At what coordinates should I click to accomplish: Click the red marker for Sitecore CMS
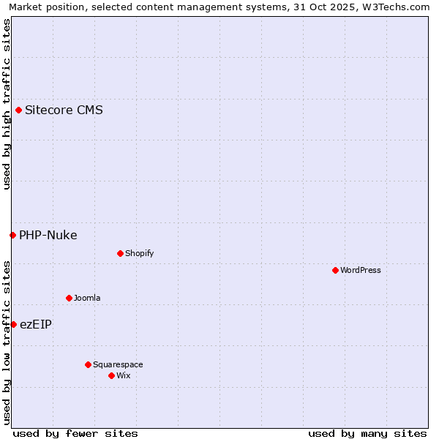coord(18,110)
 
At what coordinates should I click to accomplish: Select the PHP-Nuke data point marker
coord(12,235)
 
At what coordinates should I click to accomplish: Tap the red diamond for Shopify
coord(120,253)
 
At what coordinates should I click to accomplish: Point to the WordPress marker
coord(335,270)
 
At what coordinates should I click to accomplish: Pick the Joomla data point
coord(69,298)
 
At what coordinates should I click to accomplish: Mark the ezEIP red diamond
coord(13,324)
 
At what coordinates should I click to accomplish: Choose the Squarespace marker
coord(88,364)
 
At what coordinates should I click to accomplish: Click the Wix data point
coord(111,375)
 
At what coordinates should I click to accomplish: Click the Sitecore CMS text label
coord(64,110)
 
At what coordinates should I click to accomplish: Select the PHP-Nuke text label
coord(48,235)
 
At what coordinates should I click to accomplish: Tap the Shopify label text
coord(139,253)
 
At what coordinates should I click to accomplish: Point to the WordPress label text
coord(361,270)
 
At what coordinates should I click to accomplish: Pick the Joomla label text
coord(87,298)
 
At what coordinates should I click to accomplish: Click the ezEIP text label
coord(36,324)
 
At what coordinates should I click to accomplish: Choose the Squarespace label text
coord(118,364)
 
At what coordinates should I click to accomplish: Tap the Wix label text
coord(123,375)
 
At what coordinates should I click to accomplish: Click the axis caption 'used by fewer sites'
coord(75,433)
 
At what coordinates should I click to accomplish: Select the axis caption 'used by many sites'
coord(367,433)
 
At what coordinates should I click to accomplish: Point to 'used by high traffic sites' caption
coord(7,104)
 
